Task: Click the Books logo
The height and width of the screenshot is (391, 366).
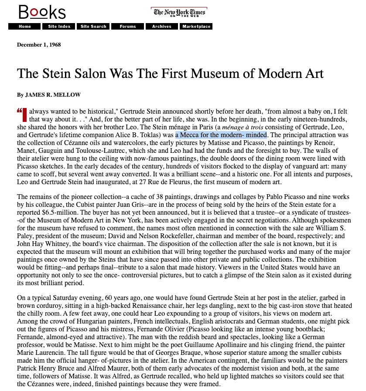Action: (x=42, y=12)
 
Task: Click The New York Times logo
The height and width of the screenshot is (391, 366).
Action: (x=179, y=13)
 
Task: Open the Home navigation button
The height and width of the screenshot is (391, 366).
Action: (x=25, y=27)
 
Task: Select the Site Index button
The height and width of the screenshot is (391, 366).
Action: (x=59, y=27)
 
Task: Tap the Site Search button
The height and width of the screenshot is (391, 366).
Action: (x=93, y=27)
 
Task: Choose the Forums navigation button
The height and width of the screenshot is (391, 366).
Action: (x=128, y=27)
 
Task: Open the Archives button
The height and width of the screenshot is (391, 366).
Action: (x=162, y=27)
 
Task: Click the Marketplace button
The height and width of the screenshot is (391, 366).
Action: (x=196, y=27)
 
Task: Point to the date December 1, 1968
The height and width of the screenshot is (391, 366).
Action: (x=39, y=44)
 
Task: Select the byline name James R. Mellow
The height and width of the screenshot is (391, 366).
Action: (x=53, y=95)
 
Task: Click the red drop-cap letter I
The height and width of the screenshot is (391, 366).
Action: (x=24, y=115)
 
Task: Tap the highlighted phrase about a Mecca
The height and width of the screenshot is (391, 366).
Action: (x=221, y=135)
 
